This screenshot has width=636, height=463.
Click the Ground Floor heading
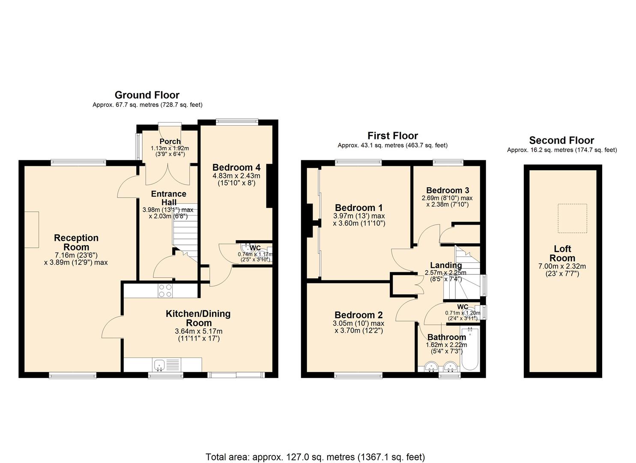pyautogui.click(x=147, y=95)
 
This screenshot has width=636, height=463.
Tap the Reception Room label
pyautogui.click(x=76, y=242)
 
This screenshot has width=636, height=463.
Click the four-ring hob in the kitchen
pyautogui.click(x=165, y=291)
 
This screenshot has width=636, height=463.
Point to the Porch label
pyautogui.click(x=170, y=141)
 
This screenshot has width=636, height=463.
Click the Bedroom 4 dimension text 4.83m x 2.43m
pyautogui.click(x=236, y=176)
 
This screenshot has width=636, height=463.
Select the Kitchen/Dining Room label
pyautogui.click(x=198, y=318)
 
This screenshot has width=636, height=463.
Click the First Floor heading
pyautogui.click(x=392, y=136)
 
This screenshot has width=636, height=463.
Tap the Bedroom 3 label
pyautogui.click(x=448, y=190)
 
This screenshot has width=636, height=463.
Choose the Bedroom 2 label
pyautogui.click(x=358, y=315)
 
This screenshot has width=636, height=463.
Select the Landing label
pyautogui.click(x=446, y=265)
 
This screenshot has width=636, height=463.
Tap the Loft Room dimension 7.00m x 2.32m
pyautogui.click(x=562, y=266)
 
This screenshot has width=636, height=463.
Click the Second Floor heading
pyautogui.click(x=561, y=140)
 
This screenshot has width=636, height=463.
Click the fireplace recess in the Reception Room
pyautogui.click(x=32, y=229)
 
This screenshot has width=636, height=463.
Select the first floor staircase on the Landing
pyautogui.click(x=467, y=274)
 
